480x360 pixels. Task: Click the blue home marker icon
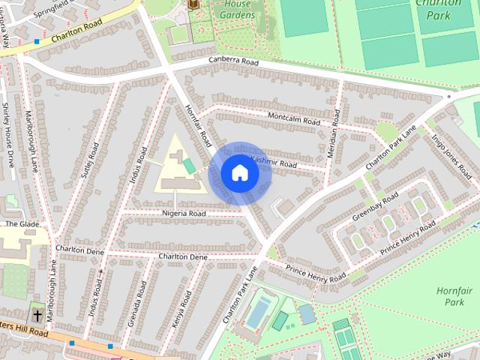pyautogui.click(x=239, y=172)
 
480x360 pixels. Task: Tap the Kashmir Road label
pyautogui.click(x=273, y=162)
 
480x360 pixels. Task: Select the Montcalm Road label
pyautogui.click(x=294, y=117)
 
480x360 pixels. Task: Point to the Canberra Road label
pyautogui.click(x=234, y=61)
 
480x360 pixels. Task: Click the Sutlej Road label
pyautogui.click(x=90, y=157)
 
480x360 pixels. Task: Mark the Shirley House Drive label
pyautogui.click(x=9, y=135)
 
